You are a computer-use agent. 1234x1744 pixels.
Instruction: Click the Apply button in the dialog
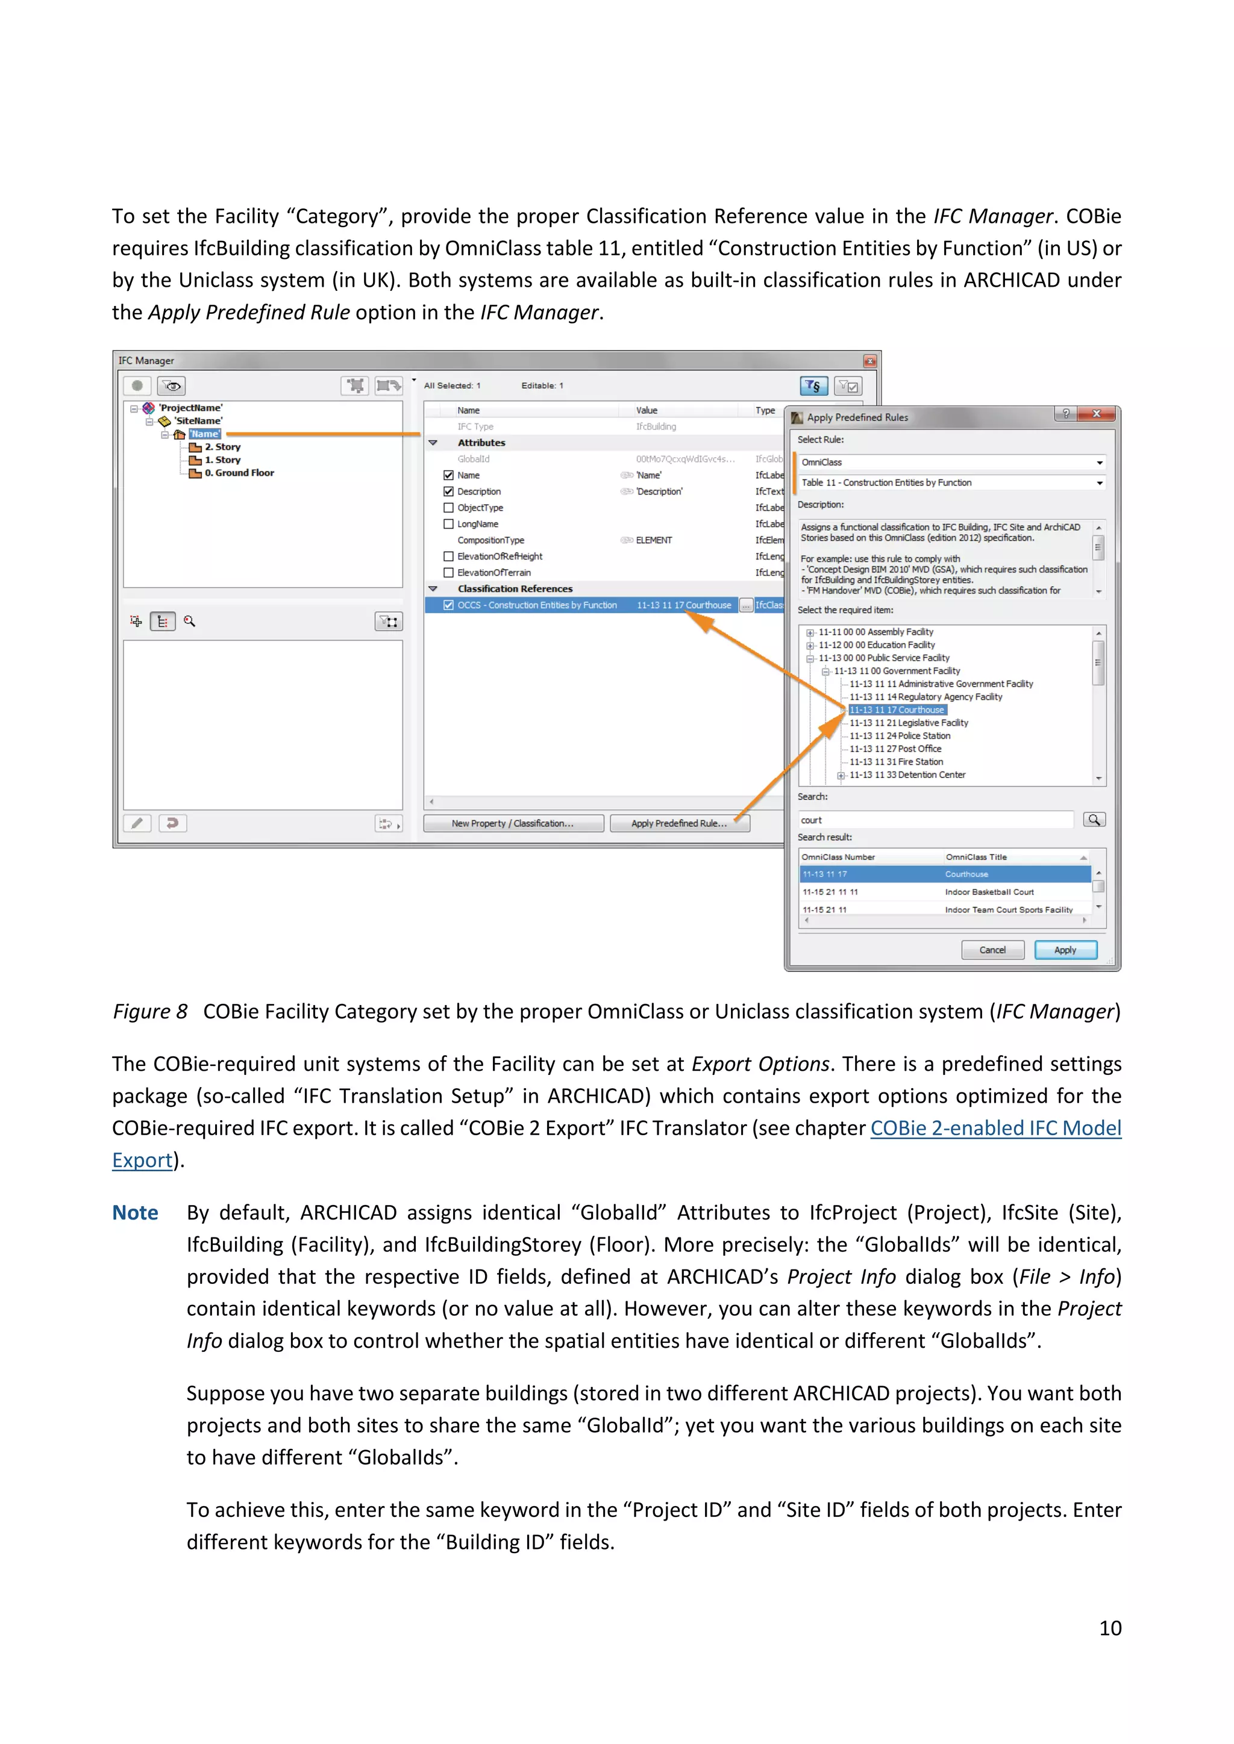[1065, 950]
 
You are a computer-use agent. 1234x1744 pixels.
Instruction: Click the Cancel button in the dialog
[992, 950]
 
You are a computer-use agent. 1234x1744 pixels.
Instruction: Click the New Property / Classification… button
[513, 823]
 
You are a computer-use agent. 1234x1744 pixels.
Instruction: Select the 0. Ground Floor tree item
[239, 473]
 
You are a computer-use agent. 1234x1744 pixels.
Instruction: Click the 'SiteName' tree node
[198, 421]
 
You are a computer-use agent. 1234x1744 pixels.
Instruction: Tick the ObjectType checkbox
[448, 508]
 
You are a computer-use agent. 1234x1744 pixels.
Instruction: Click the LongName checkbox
[448, 524]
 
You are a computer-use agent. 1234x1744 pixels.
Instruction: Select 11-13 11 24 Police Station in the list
[900, 735]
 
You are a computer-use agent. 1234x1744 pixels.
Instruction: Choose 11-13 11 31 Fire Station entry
[896, 762]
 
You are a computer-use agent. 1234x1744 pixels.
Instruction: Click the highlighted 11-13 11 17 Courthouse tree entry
[897, 709]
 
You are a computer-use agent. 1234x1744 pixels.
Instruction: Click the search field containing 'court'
[935, 820]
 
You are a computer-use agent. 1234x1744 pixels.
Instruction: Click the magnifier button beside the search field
[1094, 820]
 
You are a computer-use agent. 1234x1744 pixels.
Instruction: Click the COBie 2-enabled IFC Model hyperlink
[995, 1128]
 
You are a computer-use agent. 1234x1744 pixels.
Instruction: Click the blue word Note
[135, 1213]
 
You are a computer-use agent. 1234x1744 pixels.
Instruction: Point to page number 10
[1109, 1628]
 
